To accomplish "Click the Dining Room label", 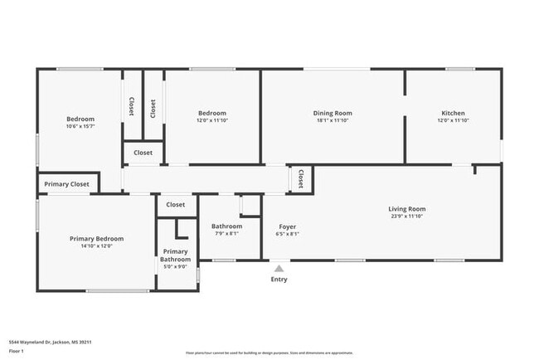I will click(333, 113).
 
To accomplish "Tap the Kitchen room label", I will click(453, 113).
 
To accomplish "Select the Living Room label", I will click(406, 209).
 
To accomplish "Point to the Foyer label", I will click(286, 226).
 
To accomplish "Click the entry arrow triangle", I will click(279, 268).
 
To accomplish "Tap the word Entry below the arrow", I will click(279, 280).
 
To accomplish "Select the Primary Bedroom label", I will click(97, 239).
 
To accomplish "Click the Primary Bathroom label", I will click(175, 255).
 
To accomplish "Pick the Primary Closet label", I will click(67, 184).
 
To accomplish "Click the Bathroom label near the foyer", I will click(226, 226).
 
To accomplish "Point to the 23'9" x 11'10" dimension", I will click(406, 216).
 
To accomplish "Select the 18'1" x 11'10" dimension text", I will click(333, 120).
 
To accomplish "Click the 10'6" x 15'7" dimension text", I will click(80, 126).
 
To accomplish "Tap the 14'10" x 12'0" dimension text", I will click(97, 246).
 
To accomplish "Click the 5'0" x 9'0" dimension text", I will click(175, 267).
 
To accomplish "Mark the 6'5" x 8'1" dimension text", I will click(286, 234).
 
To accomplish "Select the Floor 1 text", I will click(17, 351).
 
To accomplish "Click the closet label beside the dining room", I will click(300, 179).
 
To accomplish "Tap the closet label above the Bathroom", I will click(175, 204).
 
